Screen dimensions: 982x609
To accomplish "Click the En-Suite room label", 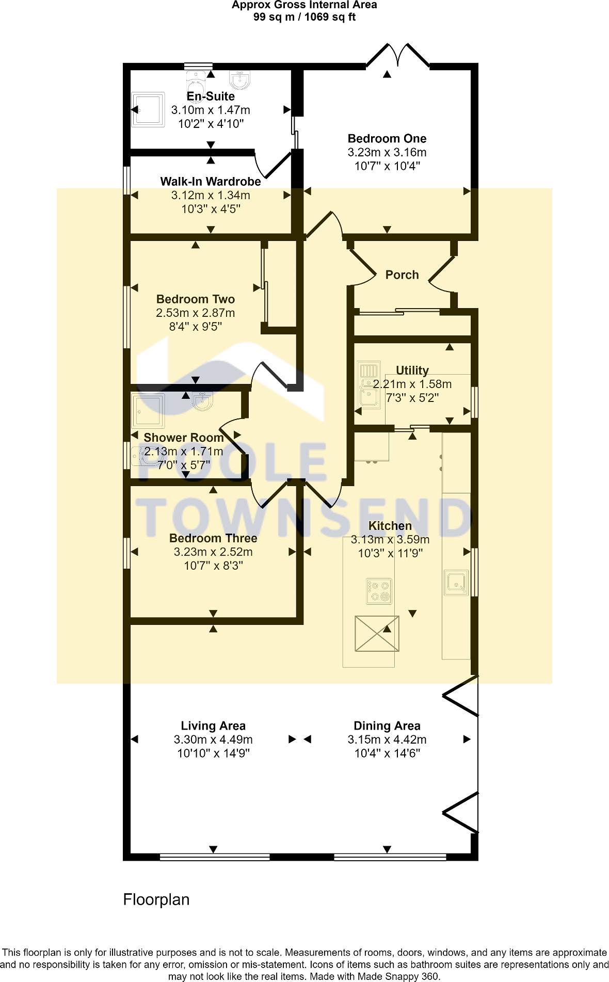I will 211,96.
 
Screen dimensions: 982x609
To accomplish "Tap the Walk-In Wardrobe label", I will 211,182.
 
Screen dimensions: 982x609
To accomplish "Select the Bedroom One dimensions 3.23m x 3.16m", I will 387,152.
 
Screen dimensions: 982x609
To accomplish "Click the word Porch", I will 402,275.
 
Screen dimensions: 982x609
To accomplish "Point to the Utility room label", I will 412,371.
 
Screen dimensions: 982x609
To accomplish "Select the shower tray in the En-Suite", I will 148,109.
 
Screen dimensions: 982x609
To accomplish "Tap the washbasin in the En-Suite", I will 239,80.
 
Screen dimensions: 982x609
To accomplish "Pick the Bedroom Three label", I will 213,538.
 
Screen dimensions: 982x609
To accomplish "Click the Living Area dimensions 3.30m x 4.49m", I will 213,739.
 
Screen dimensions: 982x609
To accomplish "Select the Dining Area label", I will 387,726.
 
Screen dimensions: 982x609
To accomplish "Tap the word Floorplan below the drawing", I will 156,899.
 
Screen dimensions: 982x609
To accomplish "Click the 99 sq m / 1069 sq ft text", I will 304,17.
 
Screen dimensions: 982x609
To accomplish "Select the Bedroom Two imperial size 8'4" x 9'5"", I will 196,327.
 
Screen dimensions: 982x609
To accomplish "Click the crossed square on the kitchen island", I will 377,634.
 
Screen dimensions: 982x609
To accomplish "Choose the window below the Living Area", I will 215,857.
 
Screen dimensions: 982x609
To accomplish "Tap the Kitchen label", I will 390,526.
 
